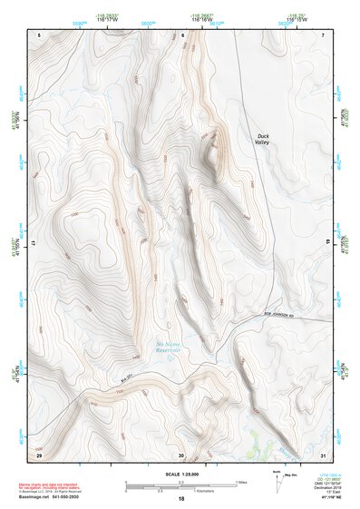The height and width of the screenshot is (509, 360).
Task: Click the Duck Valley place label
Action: pyautogui.click(x=262, y=139)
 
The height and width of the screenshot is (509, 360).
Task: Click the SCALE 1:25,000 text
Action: pyautogui.click(x=180, y=474)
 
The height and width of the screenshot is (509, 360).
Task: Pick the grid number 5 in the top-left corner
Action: pyautogui.click(x=40, y=34)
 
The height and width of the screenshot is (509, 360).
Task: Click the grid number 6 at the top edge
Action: pyautogui.click(x=182, y=34)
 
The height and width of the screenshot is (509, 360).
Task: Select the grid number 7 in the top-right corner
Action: pyautogui.click(x=323, y=34)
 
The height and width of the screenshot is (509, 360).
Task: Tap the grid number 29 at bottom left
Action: pyautogui.click(x=40, y=455)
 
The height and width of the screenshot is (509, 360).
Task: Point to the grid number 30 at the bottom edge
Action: pyautogui.click(x=182, y=455)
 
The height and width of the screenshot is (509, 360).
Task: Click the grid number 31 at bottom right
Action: pyautogui.click(x=322, y=455)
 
